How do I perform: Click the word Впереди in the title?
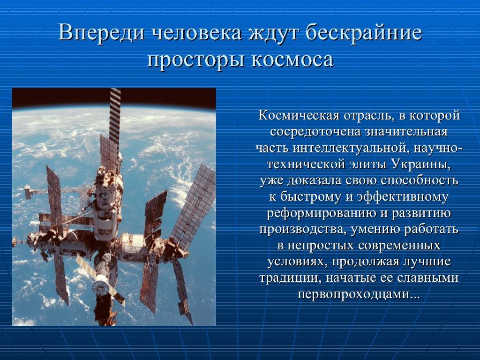[x=101, y=32]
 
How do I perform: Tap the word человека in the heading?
[x=197, y=33]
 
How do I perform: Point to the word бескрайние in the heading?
[x=364, y=32]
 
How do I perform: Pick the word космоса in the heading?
[x=292, y=60]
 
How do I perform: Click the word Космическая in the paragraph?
[x=299, y=115]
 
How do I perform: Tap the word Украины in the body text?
[x=421, y=165]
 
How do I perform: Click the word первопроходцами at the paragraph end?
[x=359, y=294]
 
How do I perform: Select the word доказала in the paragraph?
[x=315, y=180]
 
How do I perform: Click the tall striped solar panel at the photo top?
[x=115, y=116]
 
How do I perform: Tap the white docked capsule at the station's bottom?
[x=101, y=284]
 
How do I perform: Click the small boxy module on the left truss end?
[x=29, y=192]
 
